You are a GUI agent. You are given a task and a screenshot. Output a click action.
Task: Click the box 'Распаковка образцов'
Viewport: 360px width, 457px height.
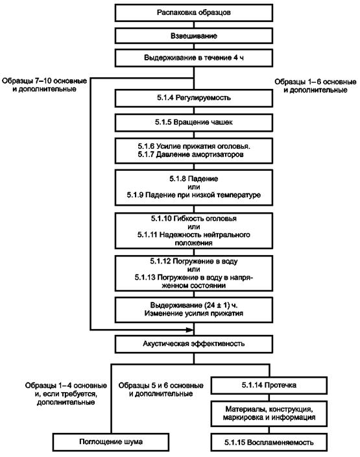pyautogui.click(x=194, y=12)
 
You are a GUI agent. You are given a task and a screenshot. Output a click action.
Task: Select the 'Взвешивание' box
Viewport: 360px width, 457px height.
pyautogui.click(x=194, y=36)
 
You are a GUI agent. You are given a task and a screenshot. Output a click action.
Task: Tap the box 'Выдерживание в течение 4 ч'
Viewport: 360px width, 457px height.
pyautogui.click(x=194, y=58)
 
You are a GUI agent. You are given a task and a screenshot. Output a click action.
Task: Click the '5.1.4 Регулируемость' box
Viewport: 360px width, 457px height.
pyautogui.click(x=194, y=98)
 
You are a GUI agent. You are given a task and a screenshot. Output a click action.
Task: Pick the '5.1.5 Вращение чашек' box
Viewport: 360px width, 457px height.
pyautogui.click(x=194, y=122)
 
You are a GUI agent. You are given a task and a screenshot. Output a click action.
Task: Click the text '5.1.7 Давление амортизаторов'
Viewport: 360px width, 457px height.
pyautogui.click(x=191, y=154)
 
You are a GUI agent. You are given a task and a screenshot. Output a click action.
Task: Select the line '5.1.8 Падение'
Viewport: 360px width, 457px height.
pyautogui.click(x=194, y=179)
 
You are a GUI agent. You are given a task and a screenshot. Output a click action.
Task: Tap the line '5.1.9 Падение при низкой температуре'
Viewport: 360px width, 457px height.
pyautogui.click(x=194, y=195)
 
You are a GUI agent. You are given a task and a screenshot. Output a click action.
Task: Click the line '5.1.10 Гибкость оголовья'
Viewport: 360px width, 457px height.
pyautogui.click(x=194, y=219)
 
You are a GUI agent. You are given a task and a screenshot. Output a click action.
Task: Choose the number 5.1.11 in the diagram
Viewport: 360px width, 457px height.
pyautogui.click(x=147, y=234)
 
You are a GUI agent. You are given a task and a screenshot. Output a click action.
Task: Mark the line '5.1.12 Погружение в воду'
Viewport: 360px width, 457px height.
pyautogui.click(x=194, y=262)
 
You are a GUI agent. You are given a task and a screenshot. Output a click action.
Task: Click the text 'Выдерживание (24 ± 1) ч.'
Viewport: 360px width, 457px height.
pyautogui.click(x=194, y=305)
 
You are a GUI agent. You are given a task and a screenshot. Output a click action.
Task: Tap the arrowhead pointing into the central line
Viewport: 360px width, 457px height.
pyautogui.click(x=189, y=330)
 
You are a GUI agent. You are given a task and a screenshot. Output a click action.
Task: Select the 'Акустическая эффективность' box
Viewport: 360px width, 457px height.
pyautogui.click(x=194, y=344)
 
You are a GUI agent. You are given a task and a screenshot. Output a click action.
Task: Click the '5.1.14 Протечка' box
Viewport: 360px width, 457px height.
pyautogui.click(x=269, y=386)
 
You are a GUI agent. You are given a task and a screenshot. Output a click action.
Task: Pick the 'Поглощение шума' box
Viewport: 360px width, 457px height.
pyautogui.click(x=111, y=442)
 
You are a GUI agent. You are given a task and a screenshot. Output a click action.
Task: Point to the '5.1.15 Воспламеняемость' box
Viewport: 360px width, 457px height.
pyautogui.click(x=269, y=443)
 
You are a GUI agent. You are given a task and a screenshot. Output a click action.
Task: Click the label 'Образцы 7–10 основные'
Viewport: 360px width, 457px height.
pyautogui.click(x=44, y=80)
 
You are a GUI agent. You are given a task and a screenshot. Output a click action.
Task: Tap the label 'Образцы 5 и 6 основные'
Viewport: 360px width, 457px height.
pyautogui.click(x=161, y=386)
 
